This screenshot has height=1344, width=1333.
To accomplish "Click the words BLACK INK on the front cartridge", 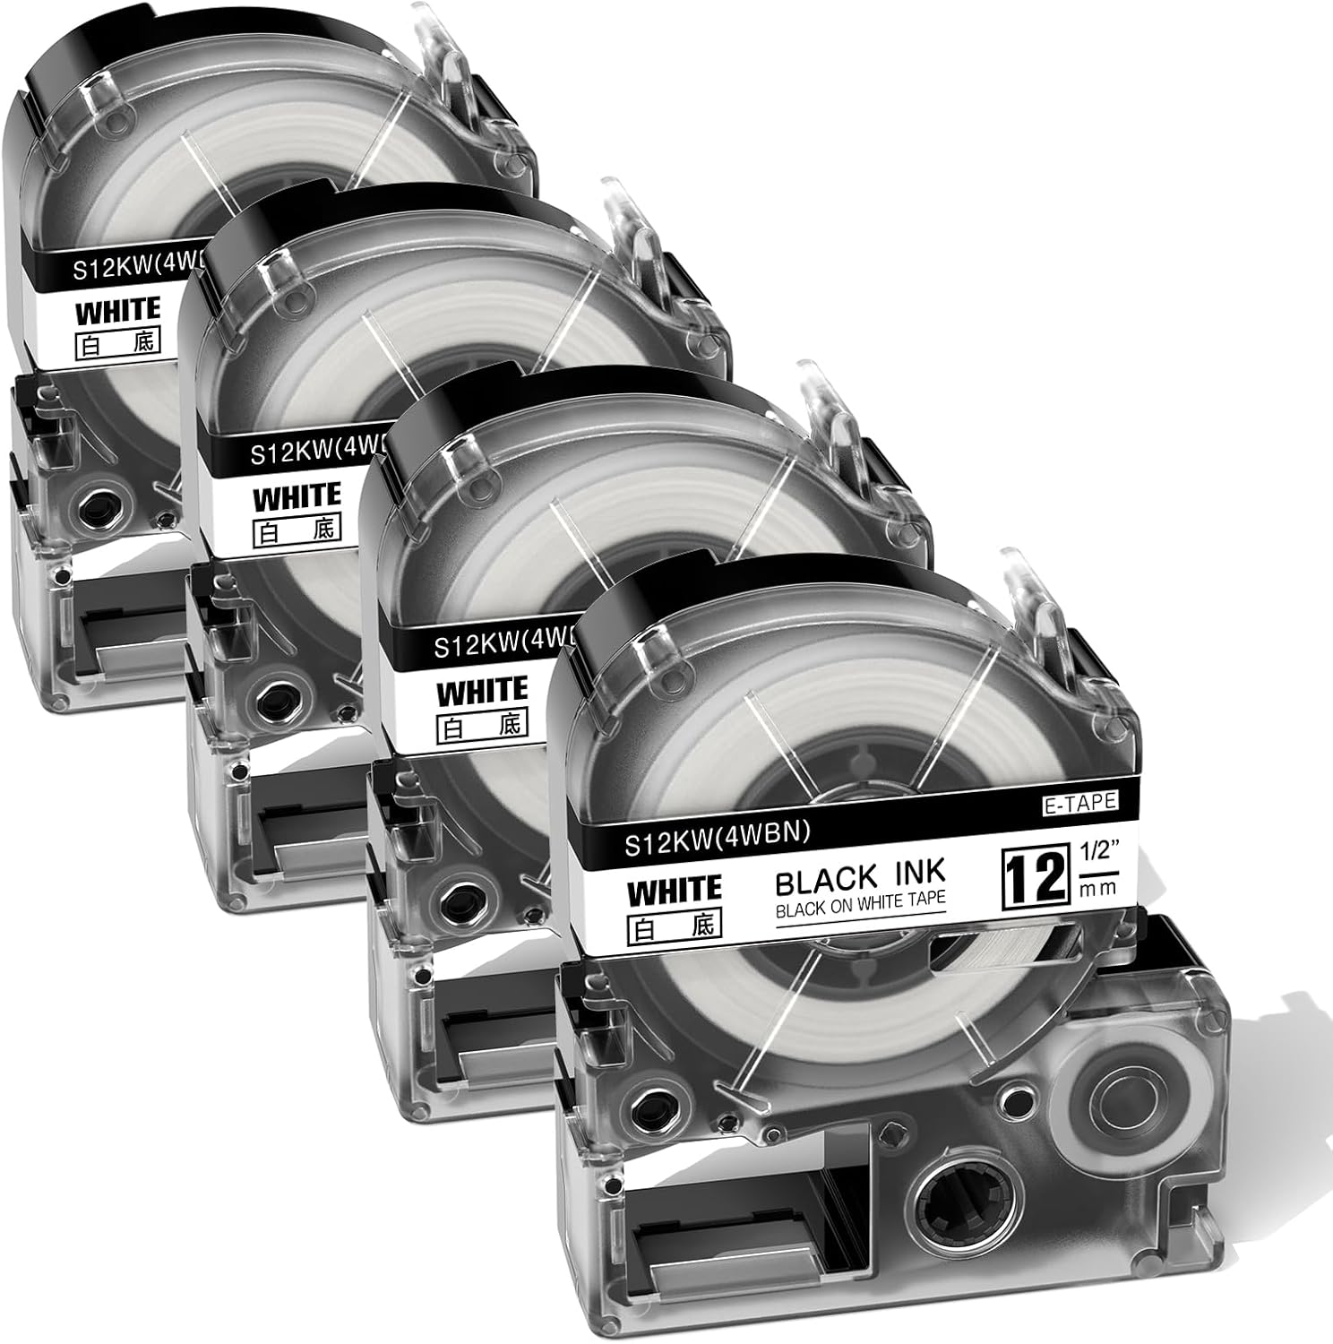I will click(860, 879).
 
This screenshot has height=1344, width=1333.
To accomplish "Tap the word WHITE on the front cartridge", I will click(675, 891).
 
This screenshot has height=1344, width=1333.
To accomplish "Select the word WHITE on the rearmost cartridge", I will click(117, 311).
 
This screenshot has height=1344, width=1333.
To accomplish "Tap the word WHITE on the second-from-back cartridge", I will click(297, 496).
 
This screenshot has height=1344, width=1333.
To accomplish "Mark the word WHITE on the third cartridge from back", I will click(481, 692).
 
